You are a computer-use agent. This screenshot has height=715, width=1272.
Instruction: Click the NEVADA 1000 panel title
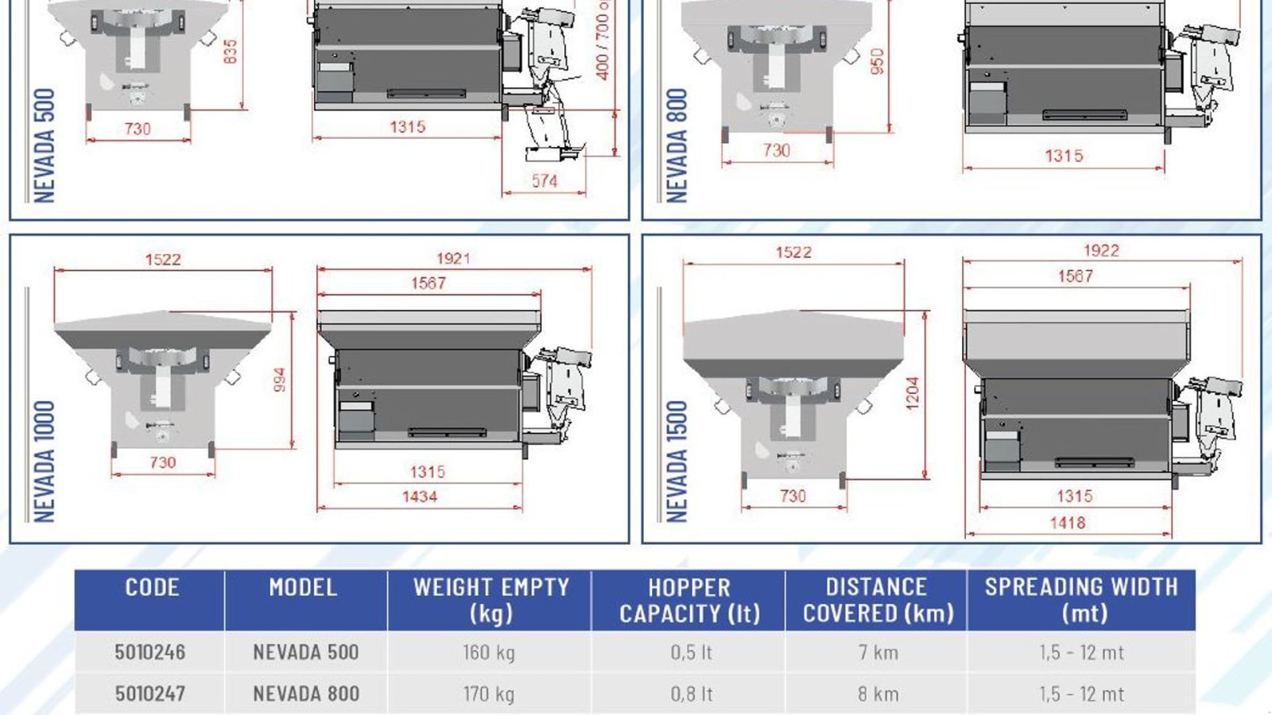45,462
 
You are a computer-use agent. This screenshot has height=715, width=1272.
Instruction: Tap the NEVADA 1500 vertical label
677,462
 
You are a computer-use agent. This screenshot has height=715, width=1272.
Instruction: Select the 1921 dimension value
453,259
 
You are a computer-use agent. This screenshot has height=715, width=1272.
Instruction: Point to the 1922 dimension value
1101,251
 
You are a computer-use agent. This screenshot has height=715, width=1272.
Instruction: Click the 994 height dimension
280,380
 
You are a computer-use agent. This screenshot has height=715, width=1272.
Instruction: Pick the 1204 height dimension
913,394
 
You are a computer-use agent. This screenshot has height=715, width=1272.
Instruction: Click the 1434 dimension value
420,497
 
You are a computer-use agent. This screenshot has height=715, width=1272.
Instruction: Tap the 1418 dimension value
1068,523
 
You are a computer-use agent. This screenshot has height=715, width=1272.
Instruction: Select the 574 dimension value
544,181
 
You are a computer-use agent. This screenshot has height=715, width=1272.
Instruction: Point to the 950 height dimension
878,61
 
